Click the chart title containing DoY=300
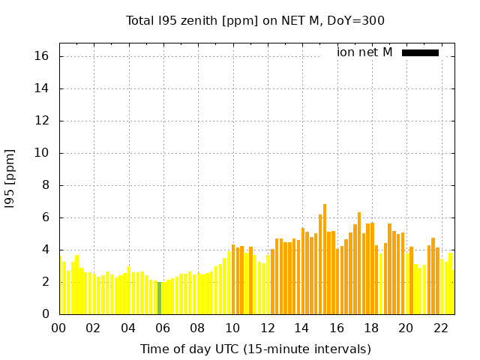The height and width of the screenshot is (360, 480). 255,20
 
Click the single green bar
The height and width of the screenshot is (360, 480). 159,298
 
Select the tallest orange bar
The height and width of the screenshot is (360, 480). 325,259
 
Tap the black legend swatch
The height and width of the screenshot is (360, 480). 420,52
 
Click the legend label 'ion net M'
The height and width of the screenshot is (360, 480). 364,52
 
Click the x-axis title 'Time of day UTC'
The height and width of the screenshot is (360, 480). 255,349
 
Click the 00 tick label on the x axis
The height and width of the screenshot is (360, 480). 58,328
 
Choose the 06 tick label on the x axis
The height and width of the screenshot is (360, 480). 163,328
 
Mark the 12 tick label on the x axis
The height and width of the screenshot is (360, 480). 267,328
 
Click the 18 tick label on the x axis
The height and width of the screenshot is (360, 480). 371,328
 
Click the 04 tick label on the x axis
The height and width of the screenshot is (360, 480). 128,328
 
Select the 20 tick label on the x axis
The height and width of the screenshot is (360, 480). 406,328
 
